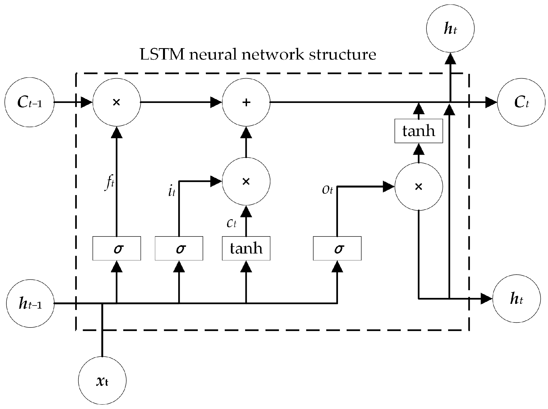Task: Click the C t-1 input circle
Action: pos(29,102)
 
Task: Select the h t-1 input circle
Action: pos(30,304)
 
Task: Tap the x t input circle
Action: pos(102,381)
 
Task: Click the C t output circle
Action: pos(521,102)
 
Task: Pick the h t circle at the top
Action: pos(450,29)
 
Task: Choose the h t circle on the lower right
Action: pos(517,299)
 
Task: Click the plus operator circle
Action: pos(246,102)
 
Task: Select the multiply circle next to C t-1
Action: pos(117,102)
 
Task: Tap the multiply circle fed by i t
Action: pos(246,181)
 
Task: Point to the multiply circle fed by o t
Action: pos(419,187)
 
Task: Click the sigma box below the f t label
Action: pos(117,248)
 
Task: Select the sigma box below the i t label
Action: pos(179,248)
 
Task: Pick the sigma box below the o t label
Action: pos(337,248)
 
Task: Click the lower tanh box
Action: pos(246,248)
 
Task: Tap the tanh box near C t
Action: pos(419,131)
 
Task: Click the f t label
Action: pos(109,184)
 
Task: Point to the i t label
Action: pos(172,191)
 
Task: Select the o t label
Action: pos(327,190)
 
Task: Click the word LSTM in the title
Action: pos(162,55)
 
